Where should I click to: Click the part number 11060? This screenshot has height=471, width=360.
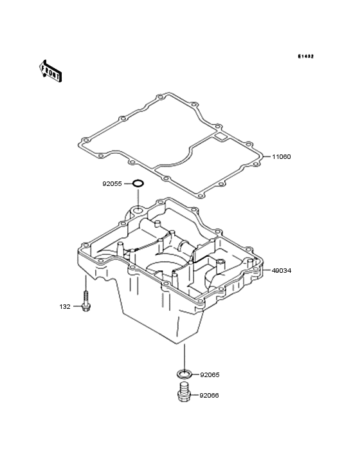coord(282,157)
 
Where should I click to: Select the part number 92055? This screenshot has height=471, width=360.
coord(113,184)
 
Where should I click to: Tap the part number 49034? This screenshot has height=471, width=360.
coord(282,271)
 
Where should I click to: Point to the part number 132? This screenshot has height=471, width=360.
coord(65,307)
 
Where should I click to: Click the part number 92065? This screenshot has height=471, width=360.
coord(210,375)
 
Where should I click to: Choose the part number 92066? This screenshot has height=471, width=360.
coord(210,396)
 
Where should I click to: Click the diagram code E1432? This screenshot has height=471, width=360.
coord(306,56)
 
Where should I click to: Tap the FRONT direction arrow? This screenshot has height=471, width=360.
coord(50,71)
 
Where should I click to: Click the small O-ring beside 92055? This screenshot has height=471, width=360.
coord(138,183)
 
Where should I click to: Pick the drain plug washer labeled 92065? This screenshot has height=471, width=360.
coord(184,374)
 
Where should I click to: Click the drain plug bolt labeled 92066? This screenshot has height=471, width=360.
coord(184,392)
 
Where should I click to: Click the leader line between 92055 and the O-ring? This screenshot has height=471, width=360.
coord(128,183)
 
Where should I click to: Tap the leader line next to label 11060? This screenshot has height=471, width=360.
coord(267,156)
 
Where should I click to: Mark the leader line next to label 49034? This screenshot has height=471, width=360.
coord(267,270)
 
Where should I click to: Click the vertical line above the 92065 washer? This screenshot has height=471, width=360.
coord(184,357)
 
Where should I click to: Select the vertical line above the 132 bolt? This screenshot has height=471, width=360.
coord(85,282)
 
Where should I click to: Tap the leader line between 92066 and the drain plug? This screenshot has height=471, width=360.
coord(194,395)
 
